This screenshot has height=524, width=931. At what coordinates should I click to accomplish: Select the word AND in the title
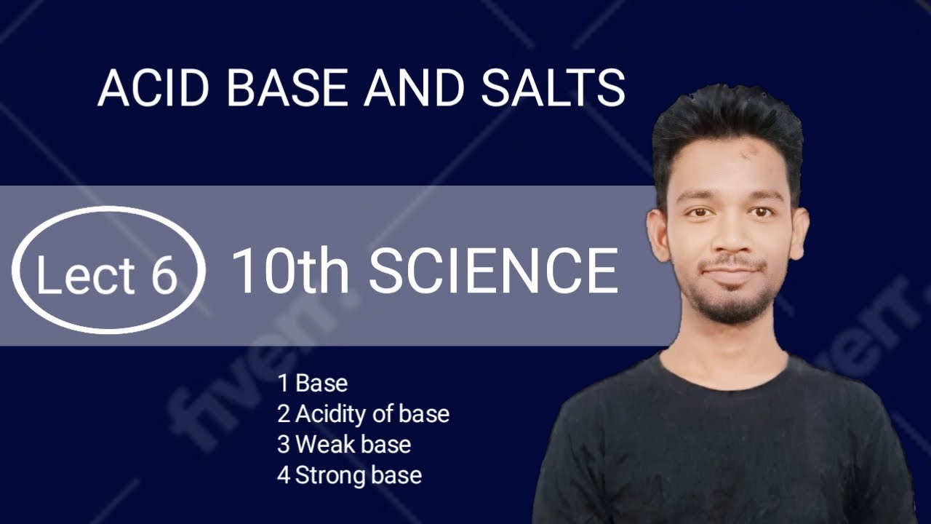point(413,89)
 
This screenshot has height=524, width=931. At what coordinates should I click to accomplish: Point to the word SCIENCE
point(493,272)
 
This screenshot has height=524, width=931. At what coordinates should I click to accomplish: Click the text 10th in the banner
point(294,272)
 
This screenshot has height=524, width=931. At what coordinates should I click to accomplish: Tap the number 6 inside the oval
point(164,275)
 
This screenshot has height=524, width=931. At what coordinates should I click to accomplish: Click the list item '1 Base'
point(313,383)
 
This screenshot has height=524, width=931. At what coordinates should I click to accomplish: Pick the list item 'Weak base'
point(353,444)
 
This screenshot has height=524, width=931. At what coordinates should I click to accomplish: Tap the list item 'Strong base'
point(358,475)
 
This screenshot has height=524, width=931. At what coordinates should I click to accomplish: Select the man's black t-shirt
point(727,451)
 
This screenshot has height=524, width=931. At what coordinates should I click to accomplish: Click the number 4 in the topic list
point(283,475)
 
